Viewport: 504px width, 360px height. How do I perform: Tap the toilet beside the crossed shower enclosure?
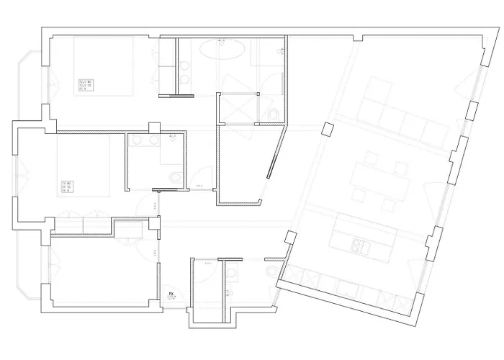[274, 115]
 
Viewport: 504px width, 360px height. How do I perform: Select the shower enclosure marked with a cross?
[238, 109]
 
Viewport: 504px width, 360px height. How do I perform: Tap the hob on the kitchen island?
[361, 247]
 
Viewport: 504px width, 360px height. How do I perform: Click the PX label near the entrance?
[171, 295]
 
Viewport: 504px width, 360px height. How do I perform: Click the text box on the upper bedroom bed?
[87, 85]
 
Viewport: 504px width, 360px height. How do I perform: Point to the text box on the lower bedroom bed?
[70, 186]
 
